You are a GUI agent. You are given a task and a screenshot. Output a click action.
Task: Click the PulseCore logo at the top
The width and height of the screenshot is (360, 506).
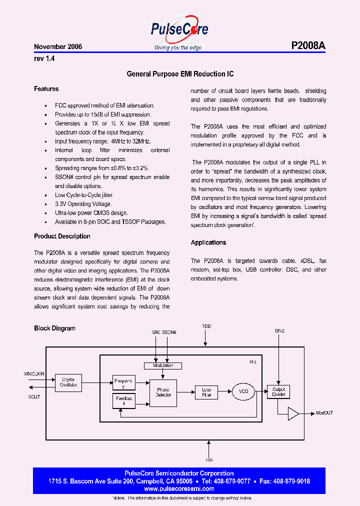[179, 31]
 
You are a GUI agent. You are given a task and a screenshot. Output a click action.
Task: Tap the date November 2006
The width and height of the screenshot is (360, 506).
[58, 46]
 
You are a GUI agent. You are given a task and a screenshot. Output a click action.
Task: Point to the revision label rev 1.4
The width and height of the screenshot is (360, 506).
[44, 58]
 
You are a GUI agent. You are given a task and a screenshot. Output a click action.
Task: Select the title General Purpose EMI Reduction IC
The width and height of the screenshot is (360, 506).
[180, 74]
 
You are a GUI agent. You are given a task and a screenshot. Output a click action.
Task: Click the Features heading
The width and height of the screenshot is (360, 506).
[46, 89]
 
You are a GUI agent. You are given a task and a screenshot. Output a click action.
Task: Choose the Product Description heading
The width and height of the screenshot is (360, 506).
[62, 236]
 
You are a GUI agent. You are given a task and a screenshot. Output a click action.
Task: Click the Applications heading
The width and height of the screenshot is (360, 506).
[208, 242]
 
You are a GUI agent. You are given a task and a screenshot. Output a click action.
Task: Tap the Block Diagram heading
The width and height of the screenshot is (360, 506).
[54, 328]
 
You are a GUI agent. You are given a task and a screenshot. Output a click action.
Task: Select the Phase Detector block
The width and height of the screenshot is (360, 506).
[163, 392]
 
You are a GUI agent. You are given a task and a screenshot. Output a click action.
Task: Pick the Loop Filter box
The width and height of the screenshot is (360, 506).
[206, 392]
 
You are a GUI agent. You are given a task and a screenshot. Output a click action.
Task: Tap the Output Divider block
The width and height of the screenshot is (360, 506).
[279, 392]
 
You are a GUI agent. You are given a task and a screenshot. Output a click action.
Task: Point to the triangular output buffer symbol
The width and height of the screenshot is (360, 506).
[293, 413]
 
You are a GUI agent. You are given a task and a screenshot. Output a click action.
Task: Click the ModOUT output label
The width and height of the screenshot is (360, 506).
[324, 413]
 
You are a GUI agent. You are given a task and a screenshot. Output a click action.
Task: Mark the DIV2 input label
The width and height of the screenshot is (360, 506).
[279, 331]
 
